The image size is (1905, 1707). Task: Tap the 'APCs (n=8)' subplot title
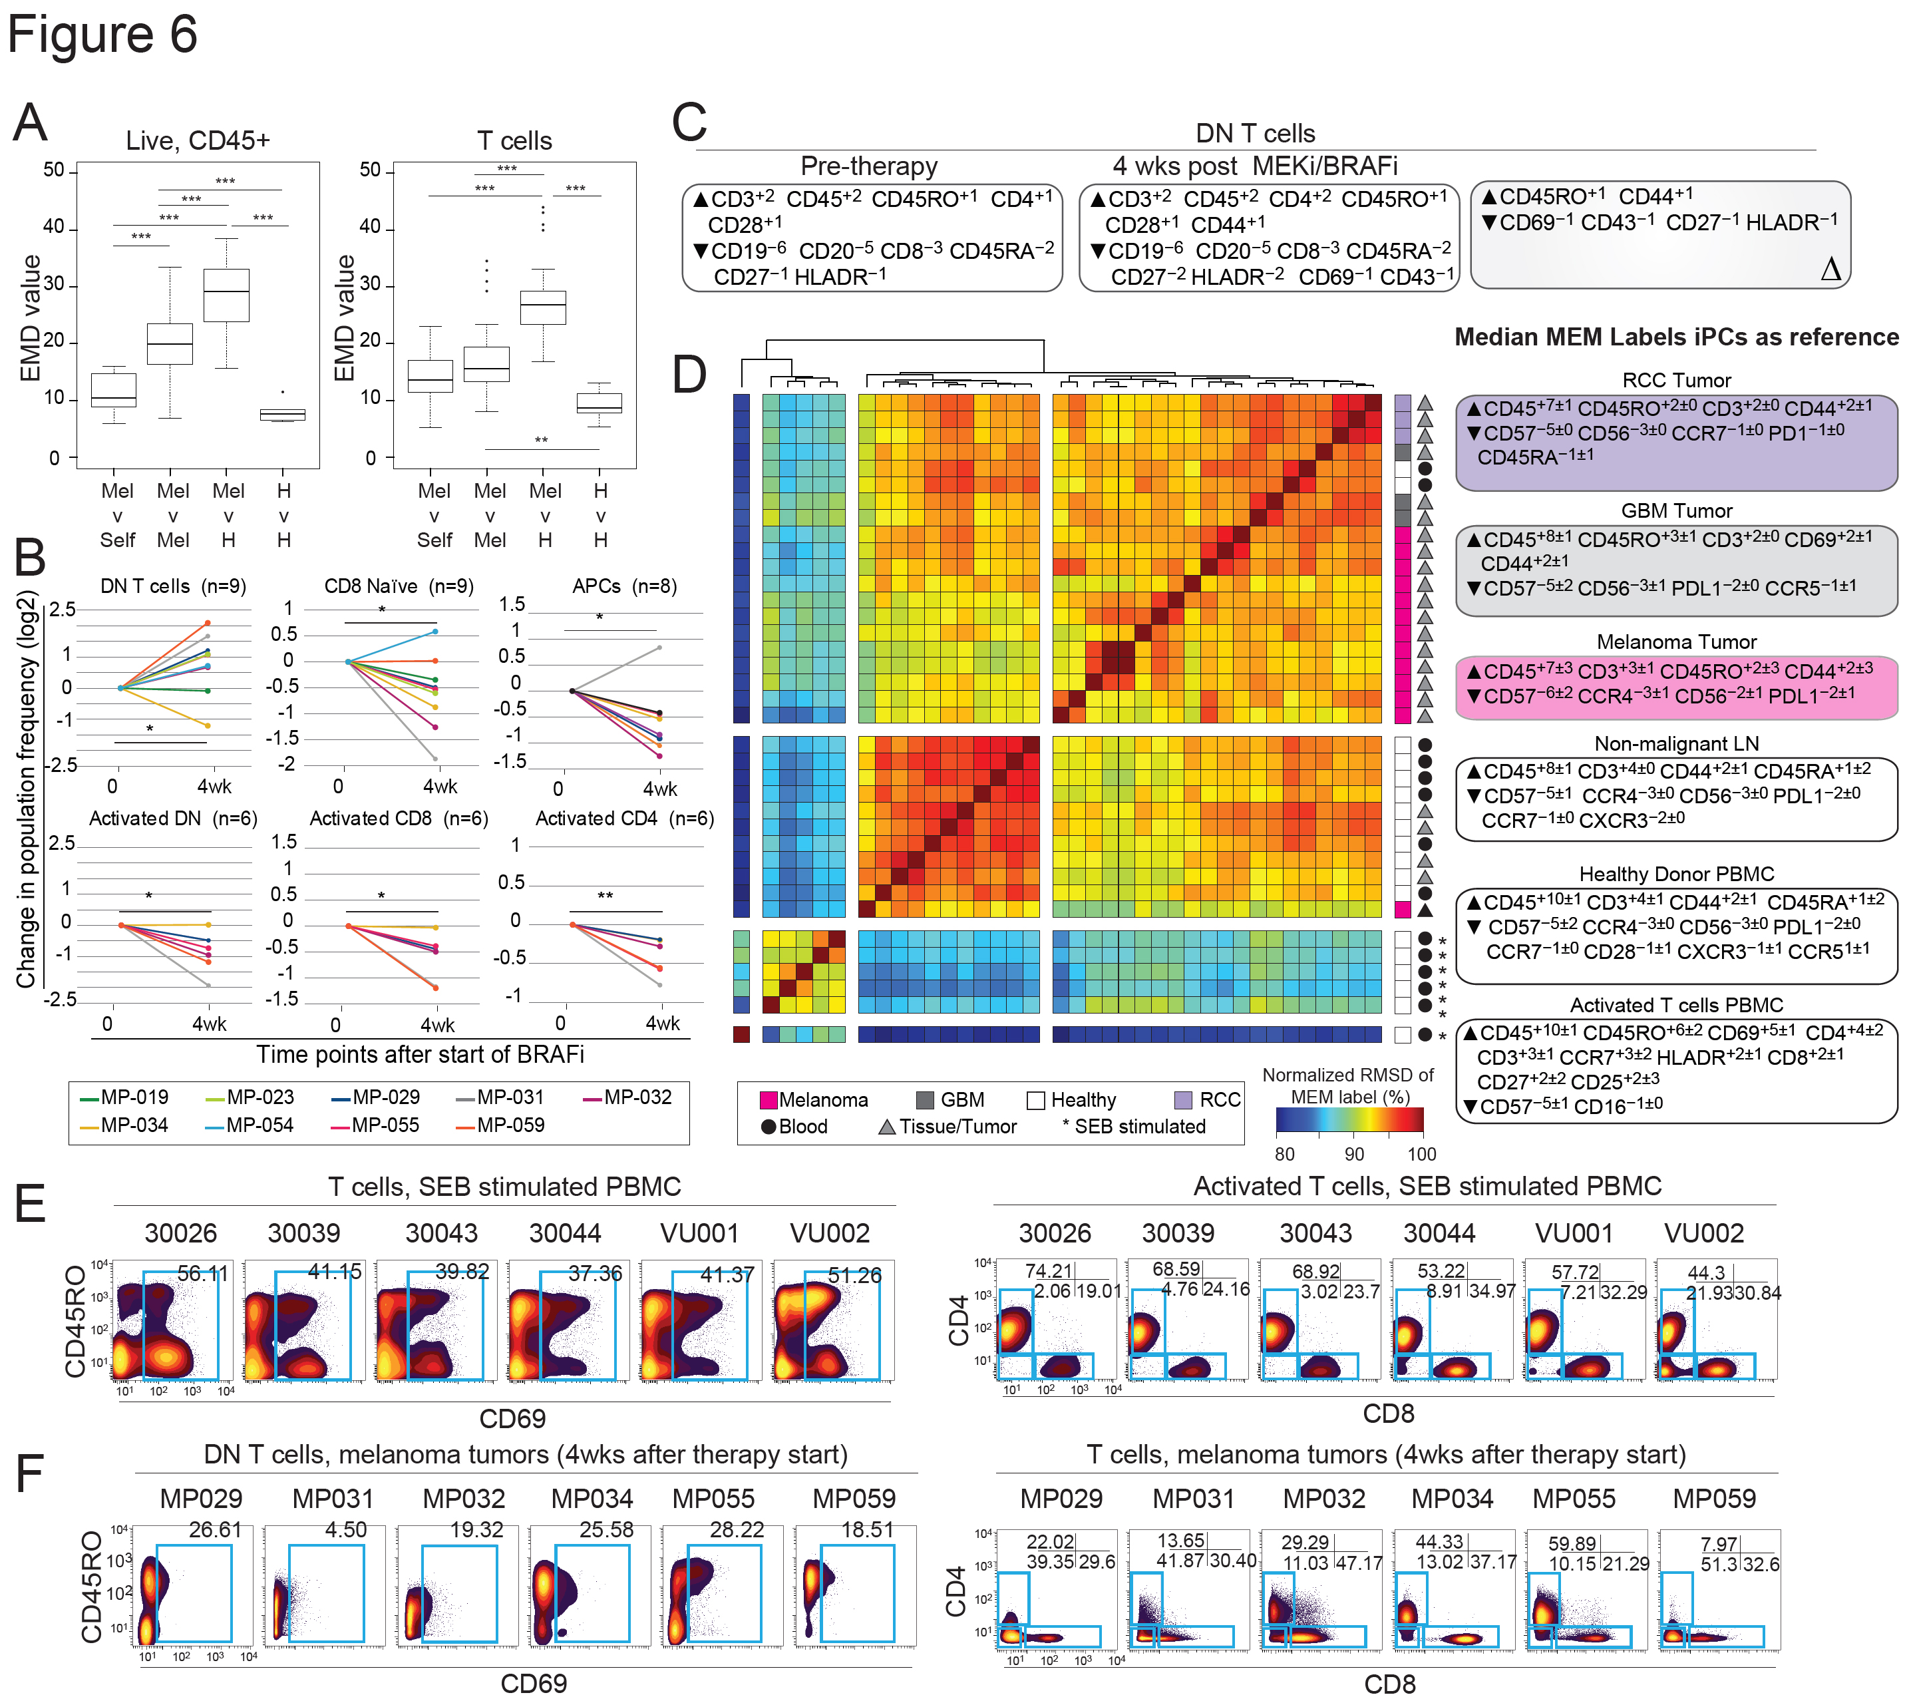click(x=623, y=586)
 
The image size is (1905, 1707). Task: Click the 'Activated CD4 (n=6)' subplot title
click(x=623, y=818)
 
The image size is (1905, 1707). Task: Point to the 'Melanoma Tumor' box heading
click(x=1675, y=642)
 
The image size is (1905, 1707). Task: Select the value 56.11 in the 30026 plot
click(x=202, y=1274)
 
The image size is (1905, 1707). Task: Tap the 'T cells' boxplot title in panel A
click(x=514, y=140)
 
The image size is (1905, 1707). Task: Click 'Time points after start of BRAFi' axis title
click(x=420, y=1054)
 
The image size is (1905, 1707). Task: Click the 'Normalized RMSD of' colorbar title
click(x=1346, y=1075)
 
